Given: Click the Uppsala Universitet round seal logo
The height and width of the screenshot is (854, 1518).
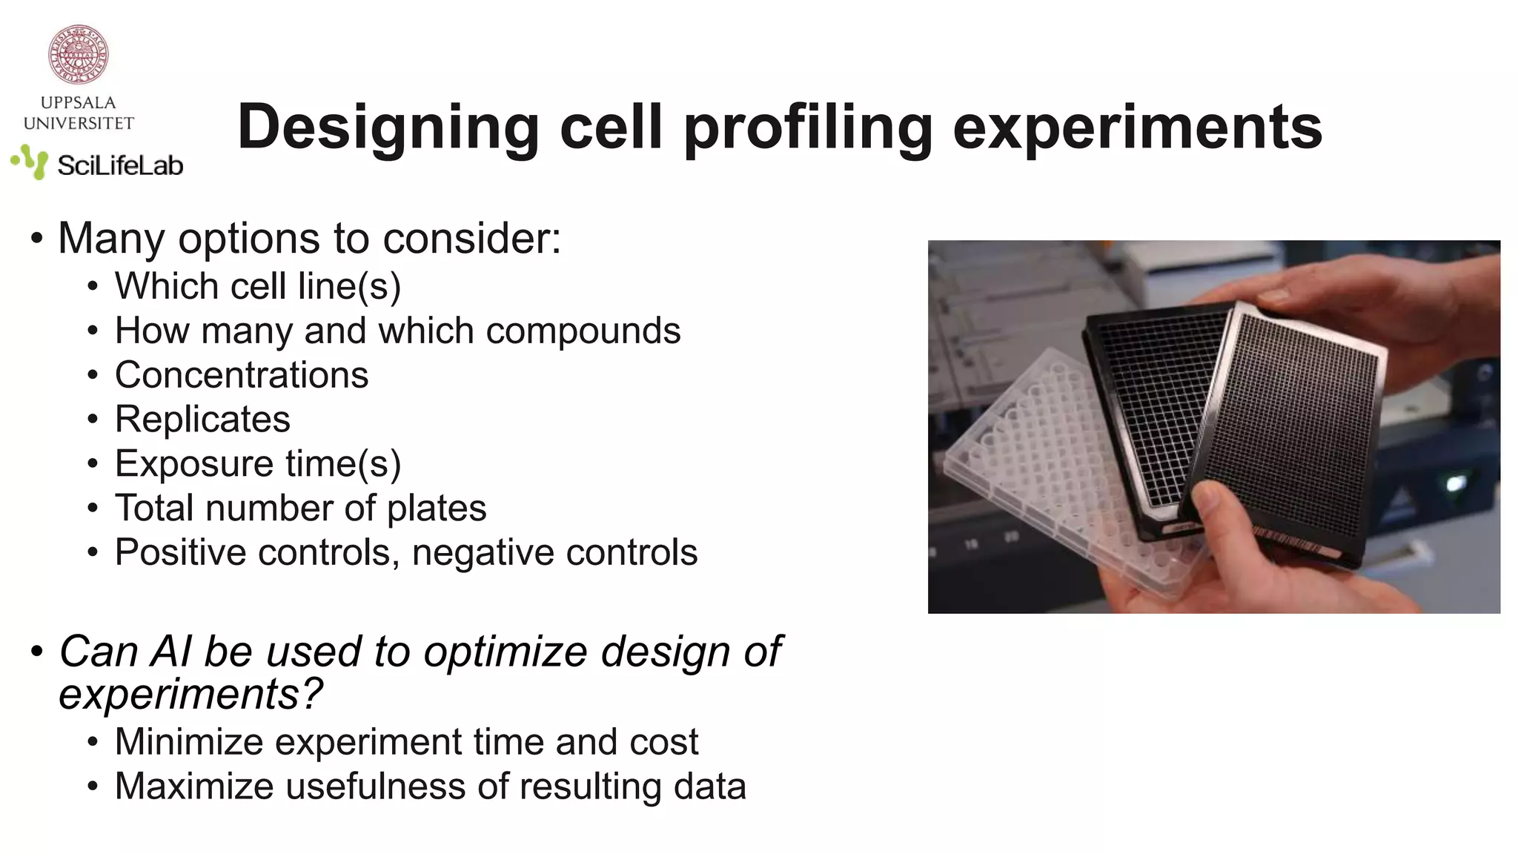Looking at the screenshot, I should coord(79,54).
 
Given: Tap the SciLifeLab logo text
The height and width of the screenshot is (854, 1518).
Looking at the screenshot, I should coord(120,165).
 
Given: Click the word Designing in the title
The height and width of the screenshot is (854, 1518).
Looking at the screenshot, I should coord(388,128).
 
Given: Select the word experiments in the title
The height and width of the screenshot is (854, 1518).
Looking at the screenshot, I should coord(1137,128).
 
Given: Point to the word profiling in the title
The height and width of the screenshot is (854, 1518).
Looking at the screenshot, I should coord(808,128).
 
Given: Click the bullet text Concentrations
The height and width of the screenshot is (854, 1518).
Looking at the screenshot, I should coord(242,375).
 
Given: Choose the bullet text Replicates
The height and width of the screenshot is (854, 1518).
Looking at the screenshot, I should coord(202,420).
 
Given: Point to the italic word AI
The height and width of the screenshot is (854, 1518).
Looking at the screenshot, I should coord(170,652).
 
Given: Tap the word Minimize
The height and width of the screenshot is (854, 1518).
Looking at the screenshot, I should coord(189,742).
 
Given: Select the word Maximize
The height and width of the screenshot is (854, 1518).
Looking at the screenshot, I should coord(193,787).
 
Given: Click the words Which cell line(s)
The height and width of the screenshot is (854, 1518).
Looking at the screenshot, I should coord(257,287).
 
